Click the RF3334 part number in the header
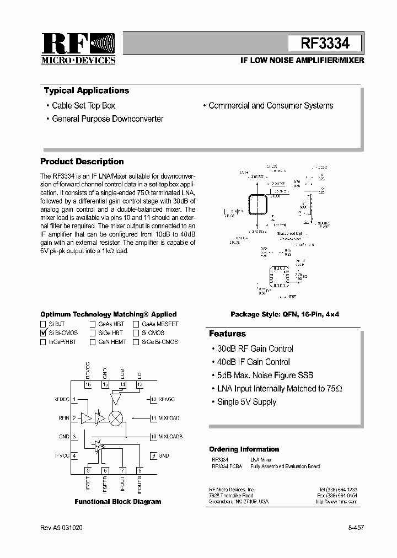pyautogui.click(x=325, y=44)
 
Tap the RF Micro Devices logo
pyautogui.click(x=78, y=49)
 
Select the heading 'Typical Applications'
pyautogui.click(x=87, y=90)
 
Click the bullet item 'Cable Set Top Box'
pyautogui.click(x=83, y=105)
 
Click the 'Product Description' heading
pyautogui.click(x=82, y=162)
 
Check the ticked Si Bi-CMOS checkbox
pyautogui.click(x=43, y=333)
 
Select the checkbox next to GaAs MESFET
pyautogui.click(x=136, y=324)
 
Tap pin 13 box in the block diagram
pyautogui.click(x=140, y=384)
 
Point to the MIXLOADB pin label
pyautogui.click(x=170, y=437)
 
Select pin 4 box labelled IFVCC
pyautogui.click(x=74, y=455)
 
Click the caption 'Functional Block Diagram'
pyautogui.click(x=118, y=502)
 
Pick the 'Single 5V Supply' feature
pyautogui.click(x=246, y=402)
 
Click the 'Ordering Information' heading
pyautogui.click(x=244, y=449)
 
